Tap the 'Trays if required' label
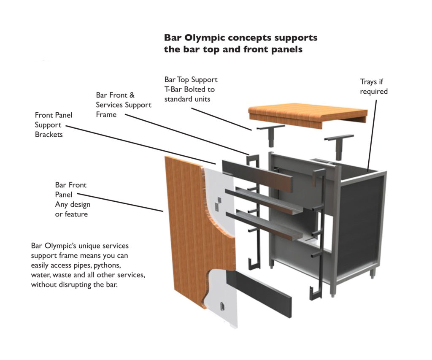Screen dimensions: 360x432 [x=373, y=87]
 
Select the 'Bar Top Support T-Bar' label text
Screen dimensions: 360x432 [x=191, y=84]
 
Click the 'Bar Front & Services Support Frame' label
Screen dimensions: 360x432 [x=123, y=105]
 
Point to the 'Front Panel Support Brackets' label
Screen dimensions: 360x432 [x=54, y=125]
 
